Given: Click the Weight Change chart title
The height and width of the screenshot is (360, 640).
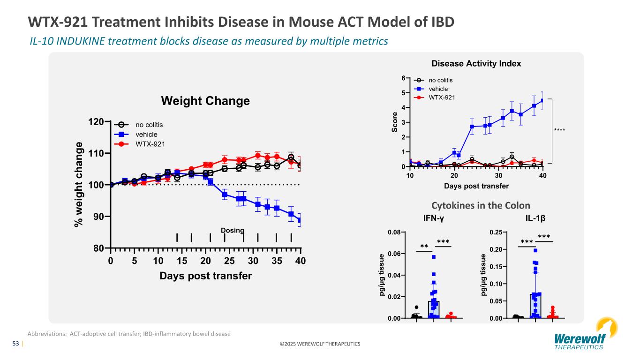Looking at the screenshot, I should pyautogui.click(x=205, y=101).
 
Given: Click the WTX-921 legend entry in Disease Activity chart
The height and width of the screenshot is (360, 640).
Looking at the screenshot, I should pyautogui.click(x=442, y=97).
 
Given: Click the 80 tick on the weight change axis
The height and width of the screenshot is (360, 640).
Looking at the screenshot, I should pyautogui.click(x=97, y=248).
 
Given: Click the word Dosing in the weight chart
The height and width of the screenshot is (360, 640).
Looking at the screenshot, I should pyautogui.click(x=233, y=230).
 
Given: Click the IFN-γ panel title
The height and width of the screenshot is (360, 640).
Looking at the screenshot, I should pyautogui.click(x=433, y=218).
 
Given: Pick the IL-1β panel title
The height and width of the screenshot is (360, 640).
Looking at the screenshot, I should pyautogui.click(x=535, y=218).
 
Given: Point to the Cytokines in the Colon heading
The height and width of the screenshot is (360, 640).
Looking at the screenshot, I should pyautogui.click(x=481, y=205).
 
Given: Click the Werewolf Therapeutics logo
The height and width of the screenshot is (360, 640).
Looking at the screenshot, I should pyautogui.click(x=580, y=337).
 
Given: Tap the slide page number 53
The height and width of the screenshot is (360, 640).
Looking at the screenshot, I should pyautogui.click(x=15, y=344).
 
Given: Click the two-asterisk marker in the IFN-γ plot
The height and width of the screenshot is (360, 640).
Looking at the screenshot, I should pyautogui.click(x=424, y=247).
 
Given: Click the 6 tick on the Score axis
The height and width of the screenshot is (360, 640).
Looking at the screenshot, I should pyautogui.click(x=404, y=78).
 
